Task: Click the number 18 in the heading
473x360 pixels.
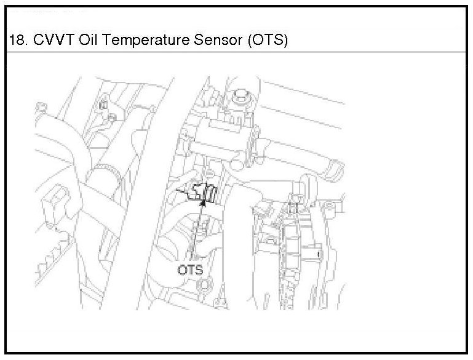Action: click(x=15, y=41)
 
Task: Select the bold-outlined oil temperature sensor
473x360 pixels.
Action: click(x=205, y=192)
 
